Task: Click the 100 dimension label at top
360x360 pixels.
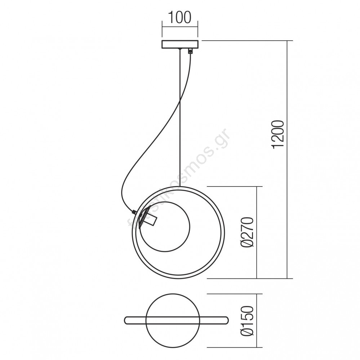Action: point(180,17)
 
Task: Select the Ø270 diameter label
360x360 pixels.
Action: point(247,233)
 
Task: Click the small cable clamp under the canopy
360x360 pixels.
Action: point(190,51)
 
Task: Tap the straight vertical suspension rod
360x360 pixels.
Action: point(180,117)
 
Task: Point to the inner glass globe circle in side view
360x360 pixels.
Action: point(190,226)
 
